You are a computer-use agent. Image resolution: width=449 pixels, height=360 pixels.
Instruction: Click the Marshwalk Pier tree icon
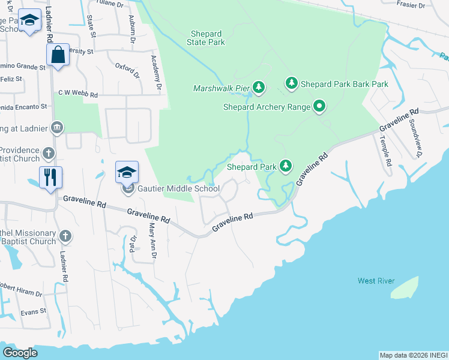coord(259,88)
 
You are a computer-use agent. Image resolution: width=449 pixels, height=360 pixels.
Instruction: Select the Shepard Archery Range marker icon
coord(319,107)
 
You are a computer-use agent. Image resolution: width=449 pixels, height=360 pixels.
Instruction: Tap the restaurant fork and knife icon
coord(50,176)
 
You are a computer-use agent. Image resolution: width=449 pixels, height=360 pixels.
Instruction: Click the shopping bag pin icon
coord(58,55)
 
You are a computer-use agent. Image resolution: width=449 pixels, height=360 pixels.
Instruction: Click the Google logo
coord(20,353)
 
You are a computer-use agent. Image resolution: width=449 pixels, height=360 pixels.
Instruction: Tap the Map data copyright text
coord(413,355)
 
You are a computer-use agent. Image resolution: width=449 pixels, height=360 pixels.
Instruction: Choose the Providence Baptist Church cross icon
coord(49,154)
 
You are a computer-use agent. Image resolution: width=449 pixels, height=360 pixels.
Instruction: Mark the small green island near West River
coord(405,287)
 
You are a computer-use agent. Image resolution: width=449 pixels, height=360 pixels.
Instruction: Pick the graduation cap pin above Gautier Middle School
coord(127,172)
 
